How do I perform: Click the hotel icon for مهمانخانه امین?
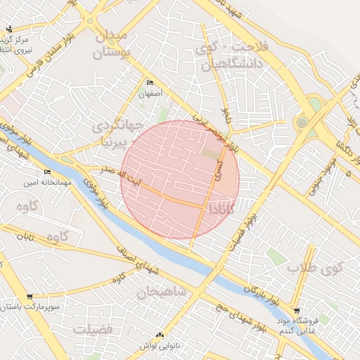click(47, 172)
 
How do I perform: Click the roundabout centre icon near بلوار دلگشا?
click(302, 122)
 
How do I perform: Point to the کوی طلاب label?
click(324, 268)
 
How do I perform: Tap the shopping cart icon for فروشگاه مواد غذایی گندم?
click(297, 311)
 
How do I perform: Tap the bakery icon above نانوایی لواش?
click(160, 335)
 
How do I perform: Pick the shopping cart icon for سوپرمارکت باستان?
click(29, 297)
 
